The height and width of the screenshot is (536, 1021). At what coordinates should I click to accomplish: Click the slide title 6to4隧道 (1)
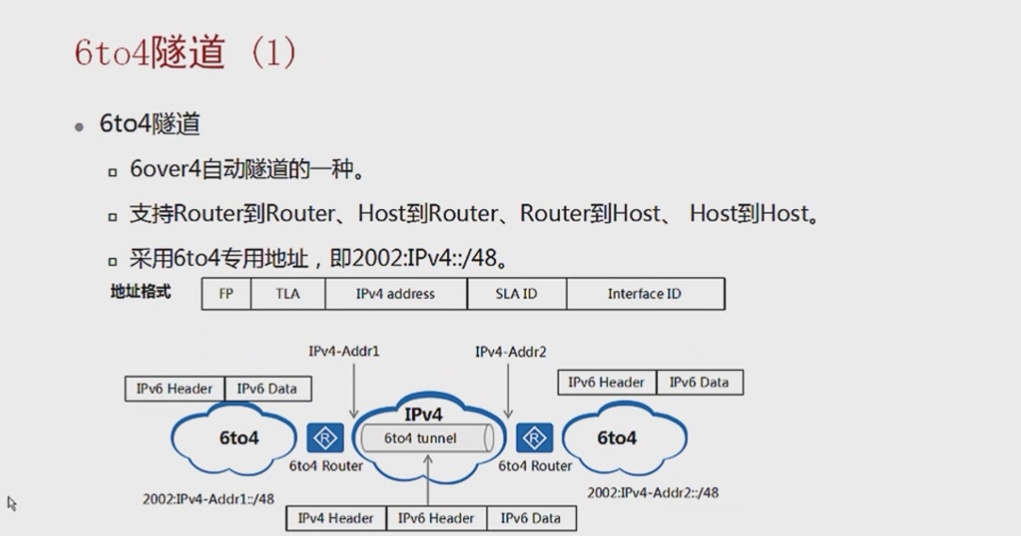[186, 52]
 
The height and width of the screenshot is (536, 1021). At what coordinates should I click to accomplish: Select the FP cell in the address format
[226, 294]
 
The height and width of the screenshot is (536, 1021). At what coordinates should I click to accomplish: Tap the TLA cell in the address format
[288, 294]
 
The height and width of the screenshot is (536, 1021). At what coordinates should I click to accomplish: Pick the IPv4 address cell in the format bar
[396, 294]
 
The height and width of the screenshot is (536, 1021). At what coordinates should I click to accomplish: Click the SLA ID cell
[517, 294]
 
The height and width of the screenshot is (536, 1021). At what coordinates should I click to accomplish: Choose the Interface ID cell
[645, 294]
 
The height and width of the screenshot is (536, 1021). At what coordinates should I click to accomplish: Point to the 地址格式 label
[141, 292]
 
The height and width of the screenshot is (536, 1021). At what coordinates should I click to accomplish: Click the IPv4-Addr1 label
[344, 351]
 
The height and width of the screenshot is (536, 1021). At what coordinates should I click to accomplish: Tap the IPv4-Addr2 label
[511, 351]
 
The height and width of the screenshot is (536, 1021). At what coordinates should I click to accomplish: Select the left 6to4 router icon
[325, 438]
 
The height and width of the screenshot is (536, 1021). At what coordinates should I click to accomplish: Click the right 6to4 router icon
[535, 438]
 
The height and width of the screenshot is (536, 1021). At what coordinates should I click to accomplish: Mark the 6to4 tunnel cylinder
[424, 438]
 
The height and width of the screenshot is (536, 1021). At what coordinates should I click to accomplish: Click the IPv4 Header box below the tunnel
[336, 518]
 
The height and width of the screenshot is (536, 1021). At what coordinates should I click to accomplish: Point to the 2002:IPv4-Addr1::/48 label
[208, 498]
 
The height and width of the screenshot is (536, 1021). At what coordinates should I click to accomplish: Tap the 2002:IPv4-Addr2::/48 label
[652, 493]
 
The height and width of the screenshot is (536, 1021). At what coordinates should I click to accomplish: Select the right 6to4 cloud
[622, 438]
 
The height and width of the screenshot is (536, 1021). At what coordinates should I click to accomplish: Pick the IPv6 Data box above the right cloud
[700, 382]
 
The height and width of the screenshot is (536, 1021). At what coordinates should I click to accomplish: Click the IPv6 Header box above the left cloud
[175, 388]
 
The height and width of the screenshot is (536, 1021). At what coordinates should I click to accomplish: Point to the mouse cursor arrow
[11, 503]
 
